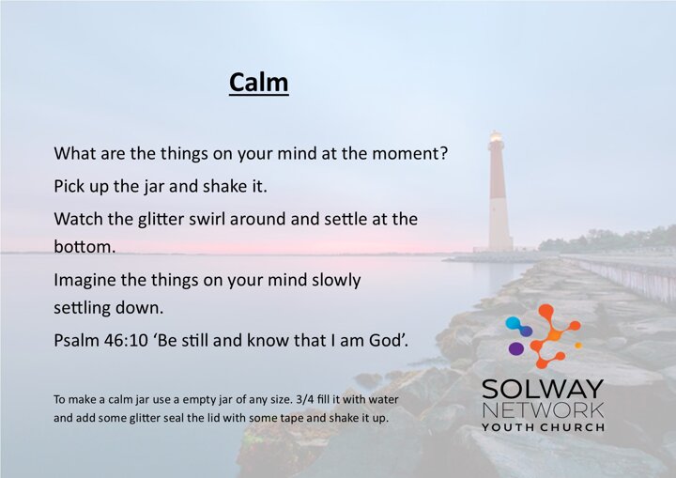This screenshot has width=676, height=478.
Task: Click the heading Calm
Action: tap(259, 82)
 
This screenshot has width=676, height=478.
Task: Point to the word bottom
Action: tap(84, 247)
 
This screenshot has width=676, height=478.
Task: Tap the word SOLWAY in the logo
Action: tap(543, 389)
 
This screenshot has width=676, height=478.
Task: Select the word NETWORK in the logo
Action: tap(543, 410)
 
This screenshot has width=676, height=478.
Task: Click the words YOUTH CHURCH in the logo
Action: tap(543, 427)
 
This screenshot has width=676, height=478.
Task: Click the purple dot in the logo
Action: tap(516, 348)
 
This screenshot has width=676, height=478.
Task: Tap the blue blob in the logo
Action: tap(518, 325)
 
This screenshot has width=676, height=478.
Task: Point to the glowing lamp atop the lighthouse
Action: tap(497, 137)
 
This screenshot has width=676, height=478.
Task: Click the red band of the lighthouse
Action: tap(498, 177)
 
